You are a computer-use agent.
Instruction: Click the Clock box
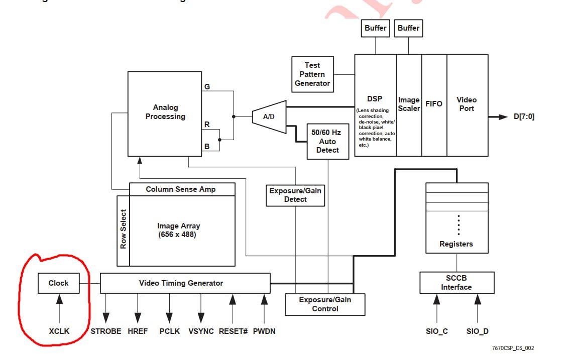tap(58, 283)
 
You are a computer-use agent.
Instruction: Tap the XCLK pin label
tap(59, 331)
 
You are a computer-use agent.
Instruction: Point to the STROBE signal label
tap(106, 331)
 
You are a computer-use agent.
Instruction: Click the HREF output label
tap(138, 331)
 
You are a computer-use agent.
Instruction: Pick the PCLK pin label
tap(169, 331)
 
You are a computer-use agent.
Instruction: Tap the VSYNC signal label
tap(201, 331)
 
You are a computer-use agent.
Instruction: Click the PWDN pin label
tap(264, 331)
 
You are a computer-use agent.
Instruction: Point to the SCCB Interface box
tap(457, 283)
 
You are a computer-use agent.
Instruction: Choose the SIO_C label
tap(436, 331)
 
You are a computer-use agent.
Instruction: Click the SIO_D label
tap(477, 331)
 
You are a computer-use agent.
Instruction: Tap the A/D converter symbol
tap(269, 117)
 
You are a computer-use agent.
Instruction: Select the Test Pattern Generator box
tap(312, 74)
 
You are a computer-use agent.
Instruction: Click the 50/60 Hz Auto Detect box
tap(328, 141)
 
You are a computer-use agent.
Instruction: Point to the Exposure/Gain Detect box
tap(295, 195)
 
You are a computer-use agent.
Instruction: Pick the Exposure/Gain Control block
tap(325, 304)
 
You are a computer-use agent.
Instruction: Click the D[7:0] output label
tap(524, 117)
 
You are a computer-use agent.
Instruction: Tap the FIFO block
tap(434, 104)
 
